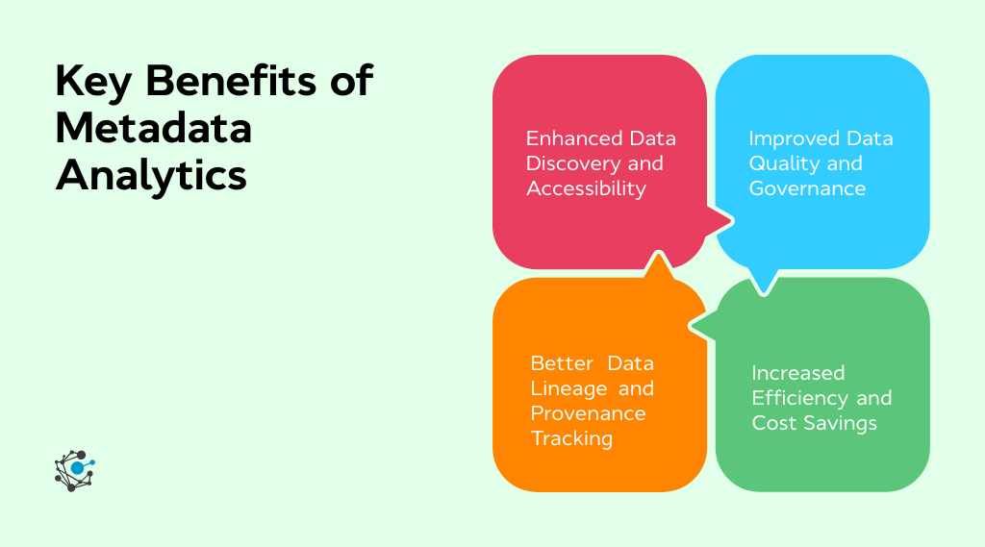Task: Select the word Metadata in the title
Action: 154,128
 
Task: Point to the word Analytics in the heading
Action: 152,176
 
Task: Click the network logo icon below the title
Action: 75,470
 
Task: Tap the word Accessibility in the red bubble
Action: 586,188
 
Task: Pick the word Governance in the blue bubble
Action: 807,188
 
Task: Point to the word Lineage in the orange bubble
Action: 569,388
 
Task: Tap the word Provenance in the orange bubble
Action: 588,413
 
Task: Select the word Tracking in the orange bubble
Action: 571,438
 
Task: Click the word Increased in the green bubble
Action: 798,373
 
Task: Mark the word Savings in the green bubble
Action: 842,423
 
